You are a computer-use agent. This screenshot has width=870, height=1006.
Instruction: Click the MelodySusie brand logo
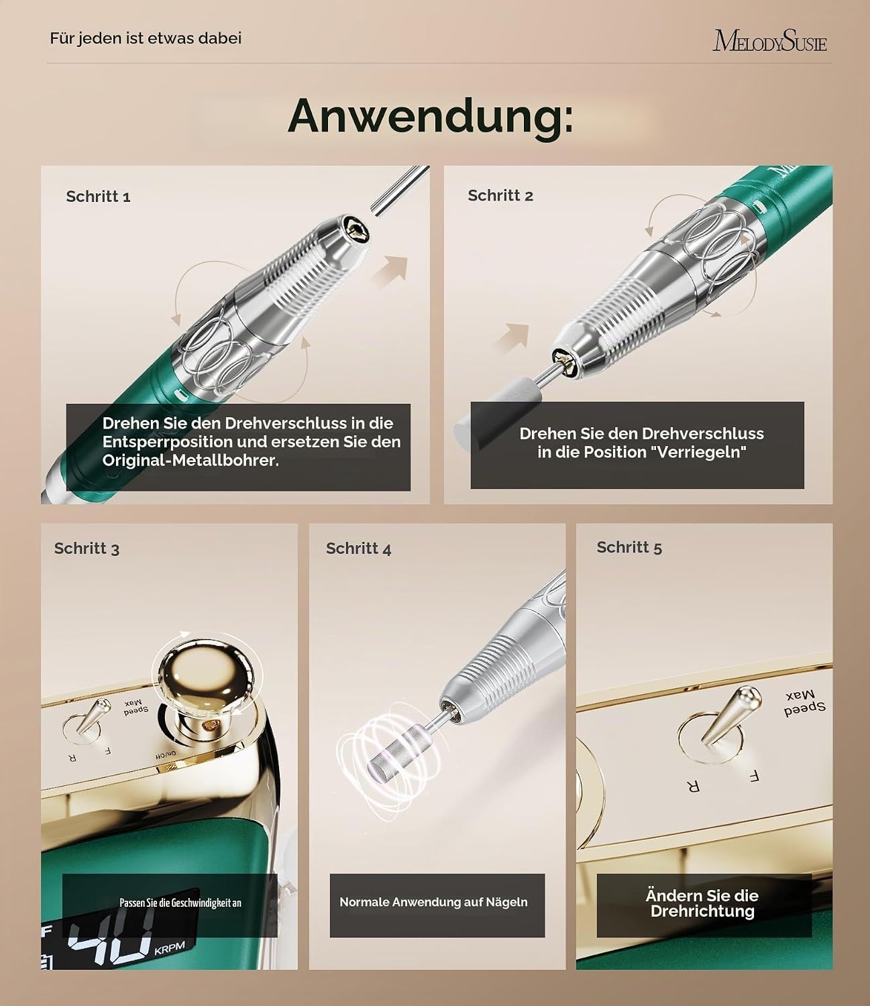click(769, 40)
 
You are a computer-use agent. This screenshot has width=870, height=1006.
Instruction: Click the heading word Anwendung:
click(431, 117)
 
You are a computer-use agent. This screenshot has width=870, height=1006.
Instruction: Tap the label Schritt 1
click(99, 196)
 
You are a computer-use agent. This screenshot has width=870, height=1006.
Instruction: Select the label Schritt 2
click(500, 195)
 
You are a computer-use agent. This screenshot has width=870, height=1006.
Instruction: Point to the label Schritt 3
click(87, 549)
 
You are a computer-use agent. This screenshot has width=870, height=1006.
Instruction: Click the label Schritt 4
click(358, 549)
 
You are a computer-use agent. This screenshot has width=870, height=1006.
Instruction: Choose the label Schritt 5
click(629, 547)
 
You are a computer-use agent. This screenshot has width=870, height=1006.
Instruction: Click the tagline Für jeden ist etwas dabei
click(146, 38)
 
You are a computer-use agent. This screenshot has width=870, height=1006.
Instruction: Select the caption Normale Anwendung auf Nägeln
click(433, 902)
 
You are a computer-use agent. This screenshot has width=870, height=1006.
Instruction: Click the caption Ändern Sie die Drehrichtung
click(702, 903)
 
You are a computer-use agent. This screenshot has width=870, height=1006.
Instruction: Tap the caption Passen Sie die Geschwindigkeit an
click(180, 903)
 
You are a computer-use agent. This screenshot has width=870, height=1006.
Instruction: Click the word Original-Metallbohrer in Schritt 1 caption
click(191, 461)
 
